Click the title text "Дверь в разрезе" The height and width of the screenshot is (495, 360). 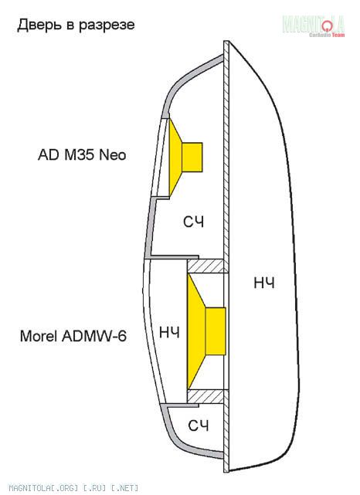76,25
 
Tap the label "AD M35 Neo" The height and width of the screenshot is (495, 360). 82,154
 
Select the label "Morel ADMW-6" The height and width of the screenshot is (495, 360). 73,336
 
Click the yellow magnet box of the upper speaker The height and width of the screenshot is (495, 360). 192,158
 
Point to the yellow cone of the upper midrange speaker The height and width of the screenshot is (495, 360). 175,158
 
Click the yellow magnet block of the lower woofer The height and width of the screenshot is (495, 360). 216,331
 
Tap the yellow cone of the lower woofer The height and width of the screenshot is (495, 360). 195,331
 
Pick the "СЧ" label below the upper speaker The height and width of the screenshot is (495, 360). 194,222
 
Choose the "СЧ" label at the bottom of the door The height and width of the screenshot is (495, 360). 199,425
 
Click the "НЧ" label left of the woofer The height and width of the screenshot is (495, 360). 170,332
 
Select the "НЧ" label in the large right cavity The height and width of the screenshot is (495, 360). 264,283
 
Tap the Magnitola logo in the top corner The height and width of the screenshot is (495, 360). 314,25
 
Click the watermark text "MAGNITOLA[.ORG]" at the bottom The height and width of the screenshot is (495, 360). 43,488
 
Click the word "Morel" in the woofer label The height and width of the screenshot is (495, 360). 39,336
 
